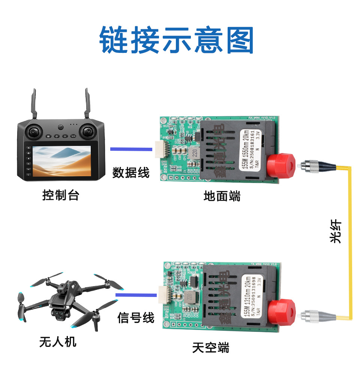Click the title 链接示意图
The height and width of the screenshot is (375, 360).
(x=177, y=40)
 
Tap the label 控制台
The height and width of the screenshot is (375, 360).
(x=61, y=195)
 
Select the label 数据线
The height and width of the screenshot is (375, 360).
(x=131, y=172)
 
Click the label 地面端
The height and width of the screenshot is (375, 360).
(x=222, y=196)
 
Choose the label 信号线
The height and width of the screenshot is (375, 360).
(x=136, y=318)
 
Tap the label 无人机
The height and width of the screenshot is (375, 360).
(x=58, y=342)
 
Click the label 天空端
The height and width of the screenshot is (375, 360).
(x=210, y=348)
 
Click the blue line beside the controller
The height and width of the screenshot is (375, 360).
(x=131, y=149)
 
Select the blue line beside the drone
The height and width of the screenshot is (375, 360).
(x=136, y=295)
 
